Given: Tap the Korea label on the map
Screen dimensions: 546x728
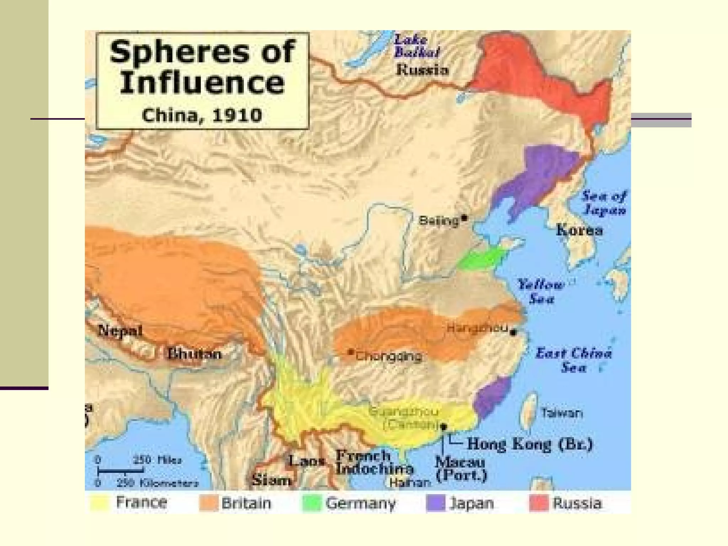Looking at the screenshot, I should click(580, 230).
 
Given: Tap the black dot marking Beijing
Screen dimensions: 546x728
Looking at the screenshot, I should click(464, 217).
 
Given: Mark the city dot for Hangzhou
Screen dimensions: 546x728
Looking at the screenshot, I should click(513, 332).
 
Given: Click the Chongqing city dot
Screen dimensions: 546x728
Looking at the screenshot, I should click(351, 352).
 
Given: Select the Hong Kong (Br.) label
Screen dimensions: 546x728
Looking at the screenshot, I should click(530, 444).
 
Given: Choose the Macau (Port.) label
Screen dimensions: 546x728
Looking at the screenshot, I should click(461, 469).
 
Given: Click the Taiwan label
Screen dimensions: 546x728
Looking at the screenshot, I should click(562, 413).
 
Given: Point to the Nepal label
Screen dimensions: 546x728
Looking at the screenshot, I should click(120, 331).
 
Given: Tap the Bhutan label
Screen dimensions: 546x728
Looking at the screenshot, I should click(194, 354).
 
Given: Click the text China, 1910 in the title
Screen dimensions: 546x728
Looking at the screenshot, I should click(202, 115).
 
